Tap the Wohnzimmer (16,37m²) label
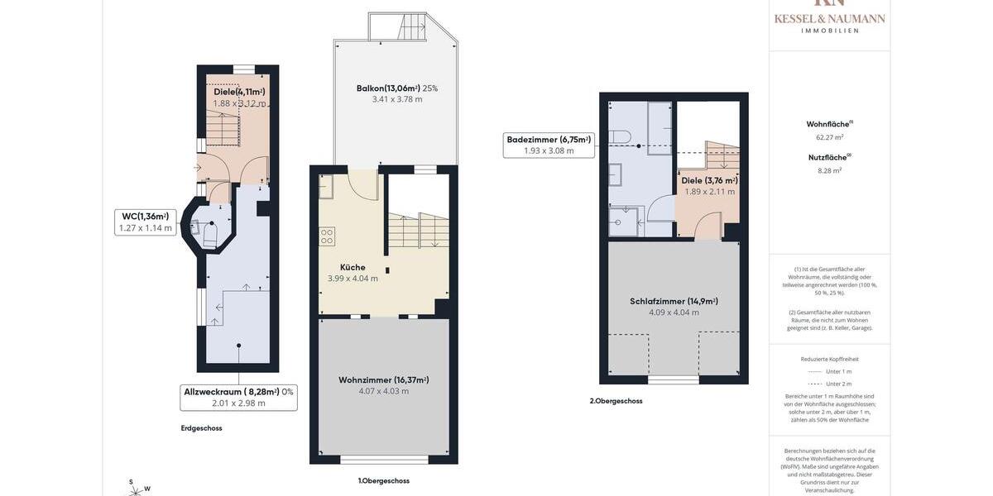tap(383, 380)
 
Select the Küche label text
tap(353, 267)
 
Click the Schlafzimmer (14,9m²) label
tap(674, 301)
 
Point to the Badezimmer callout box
tap(549, 145)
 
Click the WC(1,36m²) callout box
tap(145, 222)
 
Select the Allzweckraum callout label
tap(238, 398)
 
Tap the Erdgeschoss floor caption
tap(201, 428)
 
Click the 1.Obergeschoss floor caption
tap(383, 481)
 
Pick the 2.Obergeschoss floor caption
tap(616, 401)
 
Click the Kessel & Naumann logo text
tap(829, 19)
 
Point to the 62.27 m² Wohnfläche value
tap(829, 137)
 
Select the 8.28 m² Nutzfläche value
tap(829, 170)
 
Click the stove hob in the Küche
tap(327, 237)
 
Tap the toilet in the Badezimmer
tap(621, 136)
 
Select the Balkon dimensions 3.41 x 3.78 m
tap(396, 99)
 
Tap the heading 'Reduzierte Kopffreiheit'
tap(829, 359)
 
